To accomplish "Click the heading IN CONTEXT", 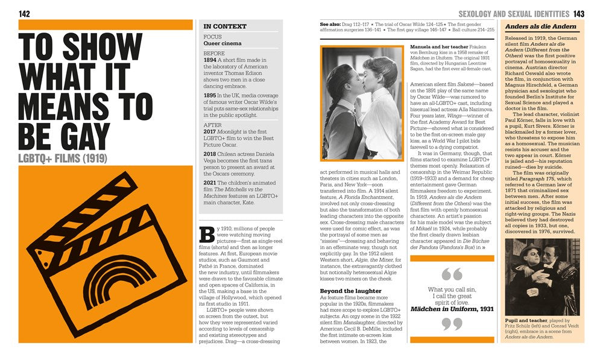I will (x=225, y=27).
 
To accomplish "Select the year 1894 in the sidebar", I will (x=210, y=61).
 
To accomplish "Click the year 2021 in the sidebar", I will (x=210, y=183).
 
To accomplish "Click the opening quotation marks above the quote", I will (x=452, y=274).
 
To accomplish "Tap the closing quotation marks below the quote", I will (x=452, y=324).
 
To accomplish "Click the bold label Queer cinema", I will (x=223, y=43).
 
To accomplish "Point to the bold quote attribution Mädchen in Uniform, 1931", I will (x=452, y=309).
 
